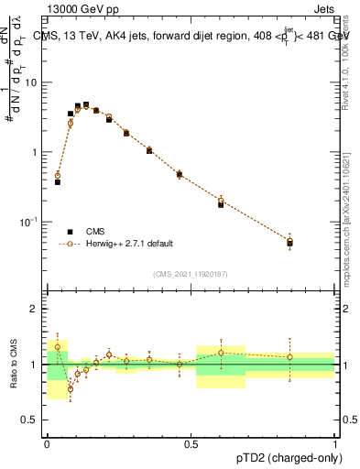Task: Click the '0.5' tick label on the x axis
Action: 191,443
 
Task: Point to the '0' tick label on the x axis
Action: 47,443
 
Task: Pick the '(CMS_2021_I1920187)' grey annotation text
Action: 191,273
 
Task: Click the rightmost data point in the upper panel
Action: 290,242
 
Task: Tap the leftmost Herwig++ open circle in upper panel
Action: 58,175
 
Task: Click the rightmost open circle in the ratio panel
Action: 290,357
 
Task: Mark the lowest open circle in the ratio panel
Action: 70,388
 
